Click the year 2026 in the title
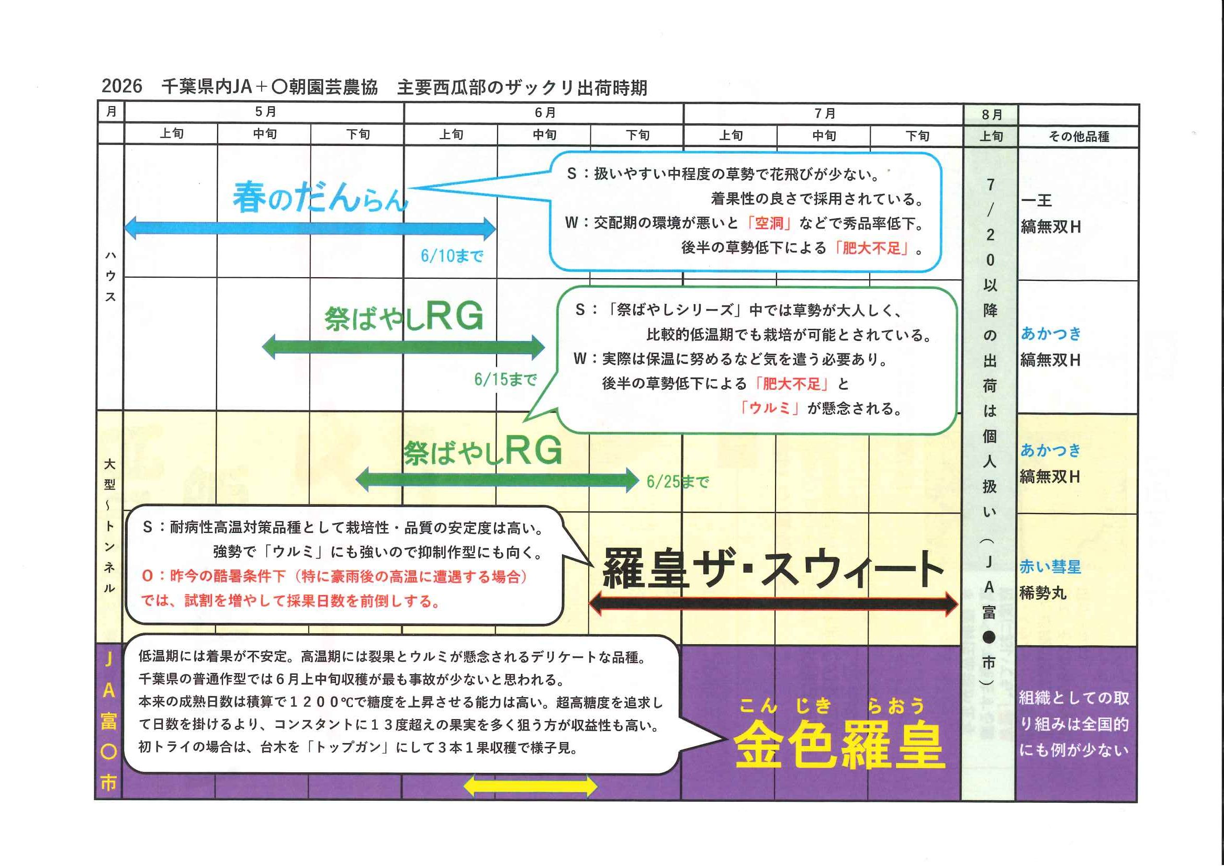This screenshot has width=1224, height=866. tap(121, 86)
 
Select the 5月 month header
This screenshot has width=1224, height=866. tap(265, 112)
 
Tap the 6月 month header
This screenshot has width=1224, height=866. tap(545, 113)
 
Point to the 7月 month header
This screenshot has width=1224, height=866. tap(824, 113)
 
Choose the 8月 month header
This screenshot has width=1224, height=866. tap(991, 115)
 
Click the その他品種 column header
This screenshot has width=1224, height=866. tap(1079, 137)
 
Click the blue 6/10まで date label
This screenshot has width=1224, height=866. tap(452, 256)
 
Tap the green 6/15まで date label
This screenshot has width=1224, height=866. tap(505, 380)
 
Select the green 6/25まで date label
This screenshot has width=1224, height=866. tap(677, 482)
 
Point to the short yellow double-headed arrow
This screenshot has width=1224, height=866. tap(530, 786)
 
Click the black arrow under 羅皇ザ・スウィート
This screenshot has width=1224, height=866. tap(773, 603)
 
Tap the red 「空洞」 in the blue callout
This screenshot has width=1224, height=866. tap(769, 223)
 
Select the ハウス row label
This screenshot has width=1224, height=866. tap(110, 276)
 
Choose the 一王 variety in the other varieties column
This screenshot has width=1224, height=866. tap(1037, 200)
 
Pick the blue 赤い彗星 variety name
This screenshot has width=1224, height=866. tap(1050, 566)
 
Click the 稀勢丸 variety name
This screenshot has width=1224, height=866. tap(1042, 592)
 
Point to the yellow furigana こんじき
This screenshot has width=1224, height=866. tap(785, 706)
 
